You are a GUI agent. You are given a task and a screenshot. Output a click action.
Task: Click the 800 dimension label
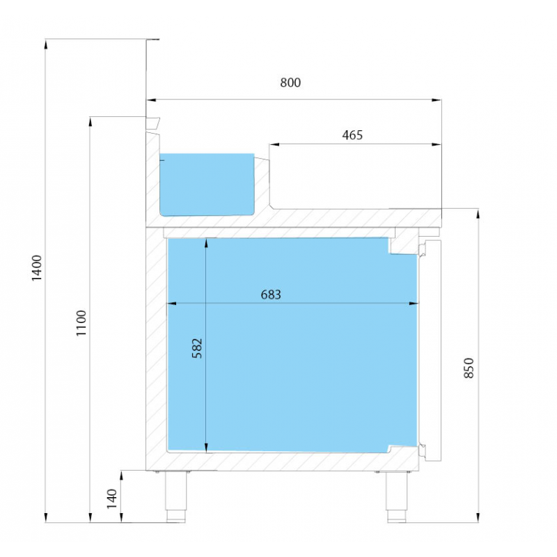pyautogui.click(x=290, y=82)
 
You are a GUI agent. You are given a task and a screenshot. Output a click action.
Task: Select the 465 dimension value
pyautogui.click(x=352, y=135)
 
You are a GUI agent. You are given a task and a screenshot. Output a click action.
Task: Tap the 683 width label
pyautogui.click(x=271, y=295)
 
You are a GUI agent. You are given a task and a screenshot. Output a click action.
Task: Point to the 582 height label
pyautogui.click(x=197, y=348)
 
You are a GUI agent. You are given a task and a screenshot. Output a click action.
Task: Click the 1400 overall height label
pyautogui.click(x=37, y=268)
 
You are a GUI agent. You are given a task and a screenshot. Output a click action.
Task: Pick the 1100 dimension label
pyautogui.click(x=81, y=323)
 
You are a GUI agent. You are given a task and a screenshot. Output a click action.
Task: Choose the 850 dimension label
pyautogui.click(x=469, y=368)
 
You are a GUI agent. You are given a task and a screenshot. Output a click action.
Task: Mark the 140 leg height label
pyautogui.click(x=112, y=499)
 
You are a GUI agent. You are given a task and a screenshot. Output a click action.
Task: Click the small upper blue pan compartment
pyautogui.click(x=207, y=185)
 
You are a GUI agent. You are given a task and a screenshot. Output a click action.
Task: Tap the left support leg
pyautogui.click(x=176, y=496)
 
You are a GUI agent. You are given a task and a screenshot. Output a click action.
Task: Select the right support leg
pyautogui.click(x=397, y=496)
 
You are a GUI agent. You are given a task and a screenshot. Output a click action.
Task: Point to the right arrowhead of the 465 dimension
pyautogui.click(x=437, y=145)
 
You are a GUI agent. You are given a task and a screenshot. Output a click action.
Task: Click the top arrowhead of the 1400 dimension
pyautogui.click(x=45, y=44)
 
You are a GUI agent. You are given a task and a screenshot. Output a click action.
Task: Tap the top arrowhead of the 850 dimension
pyautogui.click(x=478, y=214)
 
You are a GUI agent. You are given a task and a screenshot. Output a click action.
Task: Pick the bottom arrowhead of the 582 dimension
pyautogui.click(x=206, y=448)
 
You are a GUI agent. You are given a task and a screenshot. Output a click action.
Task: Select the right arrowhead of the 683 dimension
pyautogui.click(x=414, y=304)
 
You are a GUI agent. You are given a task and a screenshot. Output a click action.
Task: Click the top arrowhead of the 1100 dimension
pyautogui.click(x=91, y=122)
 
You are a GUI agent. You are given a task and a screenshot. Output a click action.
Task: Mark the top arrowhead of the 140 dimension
pyautogui.click(x=121, y=476)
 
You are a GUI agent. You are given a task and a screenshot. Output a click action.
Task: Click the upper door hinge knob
pyautogui.click(x=422, y=249)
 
